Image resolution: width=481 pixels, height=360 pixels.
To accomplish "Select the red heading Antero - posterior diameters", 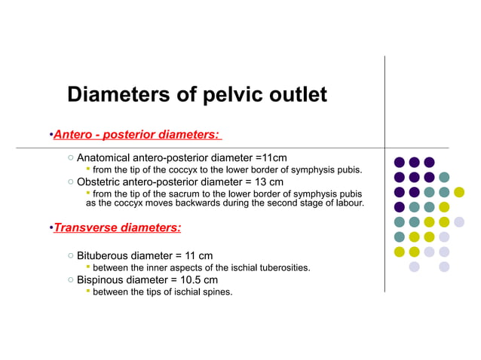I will click(x=136, y=135).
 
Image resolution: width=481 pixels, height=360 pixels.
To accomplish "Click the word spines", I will click(x=216, y=292).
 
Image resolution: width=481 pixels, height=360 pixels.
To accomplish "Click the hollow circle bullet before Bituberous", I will click(x=69, y=256).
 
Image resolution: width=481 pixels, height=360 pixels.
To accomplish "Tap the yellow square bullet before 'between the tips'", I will click(x=87, y=291).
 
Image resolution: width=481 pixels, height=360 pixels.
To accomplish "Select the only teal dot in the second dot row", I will click(x=444, y=177).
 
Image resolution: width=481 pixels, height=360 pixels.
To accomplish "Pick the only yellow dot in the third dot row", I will click(x=459, y=192).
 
